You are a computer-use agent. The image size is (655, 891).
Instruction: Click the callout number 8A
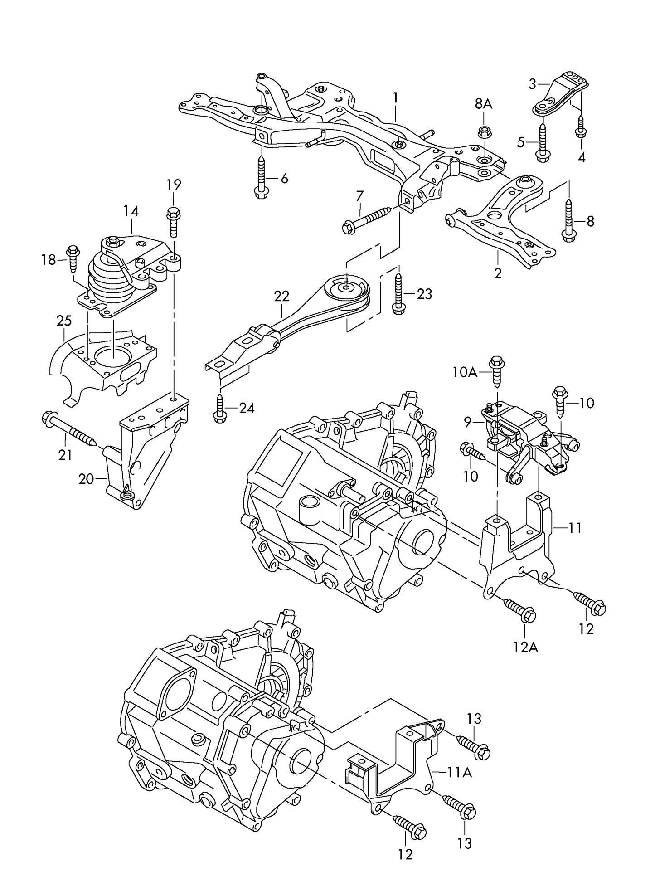483,104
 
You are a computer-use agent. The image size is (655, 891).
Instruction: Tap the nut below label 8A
483,132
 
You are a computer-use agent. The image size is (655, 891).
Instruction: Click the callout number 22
281,297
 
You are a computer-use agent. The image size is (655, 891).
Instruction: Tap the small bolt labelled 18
73,258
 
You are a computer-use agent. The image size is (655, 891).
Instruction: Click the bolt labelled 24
220,409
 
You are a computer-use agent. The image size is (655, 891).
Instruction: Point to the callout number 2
498,273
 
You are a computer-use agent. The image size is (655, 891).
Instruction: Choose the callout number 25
64,321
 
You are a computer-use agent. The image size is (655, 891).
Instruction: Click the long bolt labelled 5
542,141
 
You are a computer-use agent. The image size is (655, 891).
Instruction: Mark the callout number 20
86,479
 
